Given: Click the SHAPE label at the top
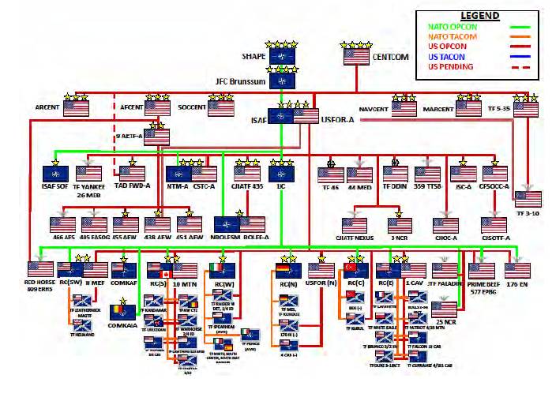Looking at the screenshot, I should [253, 57].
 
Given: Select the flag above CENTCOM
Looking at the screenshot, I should [356, 56].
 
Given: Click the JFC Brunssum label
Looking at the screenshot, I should [242, 81].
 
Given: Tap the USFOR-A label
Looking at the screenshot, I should [336, 119].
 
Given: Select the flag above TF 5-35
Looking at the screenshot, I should [526, 110].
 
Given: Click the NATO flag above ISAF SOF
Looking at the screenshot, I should [55, 173].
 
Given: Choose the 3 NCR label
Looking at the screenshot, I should [400, 238].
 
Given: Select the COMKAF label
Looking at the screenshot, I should [124, 279].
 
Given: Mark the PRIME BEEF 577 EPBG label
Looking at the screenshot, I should [480, 283].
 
